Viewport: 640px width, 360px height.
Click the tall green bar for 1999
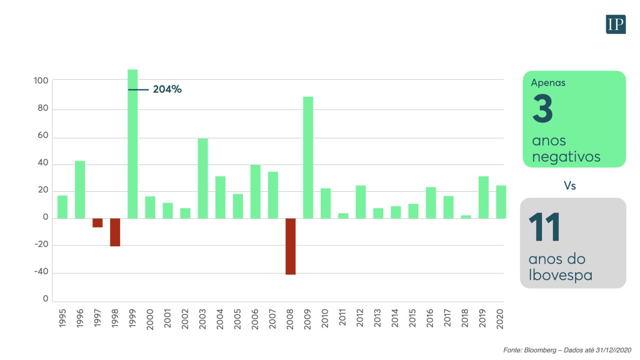(x=132, y=144)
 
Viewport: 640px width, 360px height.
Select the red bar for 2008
(x=290, y=246)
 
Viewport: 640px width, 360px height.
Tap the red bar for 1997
(x=97, y=223)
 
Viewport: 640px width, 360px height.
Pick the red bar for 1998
(x=115, y=232)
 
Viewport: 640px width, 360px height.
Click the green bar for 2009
(x=308, y=157)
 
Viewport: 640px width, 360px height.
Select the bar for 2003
(x=203, y=178)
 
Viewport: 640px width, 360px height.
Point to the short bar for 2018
(x=466, y=217)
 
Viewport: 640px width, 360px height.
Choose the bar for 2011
(x=343, y=216)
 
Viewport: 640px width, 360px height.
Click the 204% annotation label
(x=167, y=89)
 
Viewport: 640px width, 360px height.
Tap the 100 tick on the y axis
(x=41, y=80)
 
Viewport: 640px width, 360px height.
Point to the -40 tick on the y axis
(x=41, y=272)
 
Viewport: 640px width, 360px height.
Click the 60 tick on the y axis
(x=43, y=135)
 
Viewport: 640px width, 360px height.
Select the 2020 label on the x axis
(x=500, y=319)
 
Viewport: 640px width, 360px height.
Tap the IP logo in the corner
(x=615, y=24)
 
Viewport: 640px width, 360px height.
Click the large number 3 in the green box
(x=542, y=108)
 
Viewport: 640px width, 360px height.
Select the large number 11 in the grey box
(x=544, y=227)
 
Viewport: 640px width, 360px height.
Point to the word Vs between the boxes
(x=570, y=185)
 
